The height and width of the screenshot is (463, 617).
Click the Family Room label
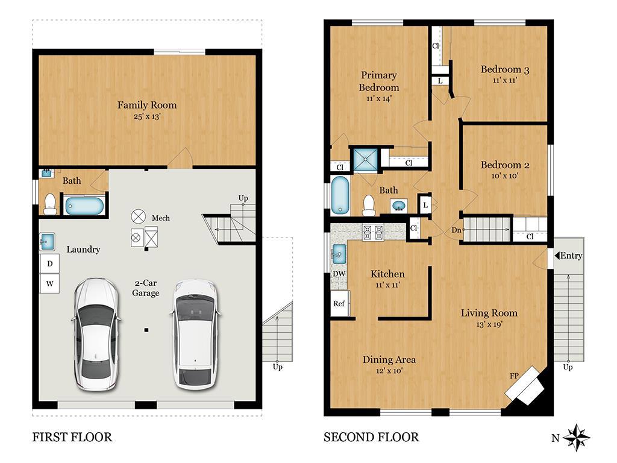pyautogui.click(x=147, y=105)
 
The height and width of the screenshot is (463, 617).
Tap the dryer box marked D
pyautogui.click(x=49, y=263)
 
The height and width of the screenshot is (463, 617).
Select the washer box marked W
pyautogui.click(x=49, y=283)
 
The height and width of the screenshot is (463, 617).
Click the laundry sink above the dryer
pyautogui.click(x=47, y=241)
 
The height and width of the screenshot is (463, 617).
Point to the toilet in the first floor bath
pyautogui.click(x=50, y=204)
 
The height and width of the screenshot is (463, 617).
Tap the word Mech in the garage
pyautogui.click(x=160, y=218)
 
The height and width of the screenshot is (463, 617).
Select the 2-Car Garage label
pyautogui.click(x=146, y=288)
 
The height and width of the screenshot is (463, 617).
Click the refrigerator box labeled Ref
pyautogui.click(x=339, y=303)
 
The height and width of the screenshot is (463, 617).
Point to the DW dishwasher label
pyautogui.click(x=339, y=274)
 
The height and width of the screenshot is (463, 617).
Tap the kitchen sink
pyautogui.click(x=339, y=254)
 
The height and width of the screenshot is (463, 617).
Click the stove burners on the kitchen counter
pyautogui.click(x=372, y=232)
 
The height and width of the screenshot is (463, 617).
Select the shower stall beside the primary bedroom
pyautogui.click(x=365, y=160)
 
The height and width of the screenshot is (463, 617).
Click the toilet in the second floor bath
pyautogui.click(x=369, y=205)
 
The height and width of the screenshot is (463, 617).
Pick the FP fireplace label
pyautogui.click(x=515, y=376)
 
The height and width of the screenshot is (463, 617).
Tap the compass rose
pyautogui.click(x=577, y=438)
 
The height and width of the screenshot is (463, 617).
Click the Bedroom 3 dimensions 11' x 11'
pyautogui.click(x=505, y=80)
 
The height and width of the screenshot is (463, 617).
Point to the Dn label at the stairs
pyautogui.click(x=456, y=230)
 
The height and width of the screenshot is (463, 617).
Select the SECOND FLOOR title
pyautogui.click(x=371, y=437)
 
